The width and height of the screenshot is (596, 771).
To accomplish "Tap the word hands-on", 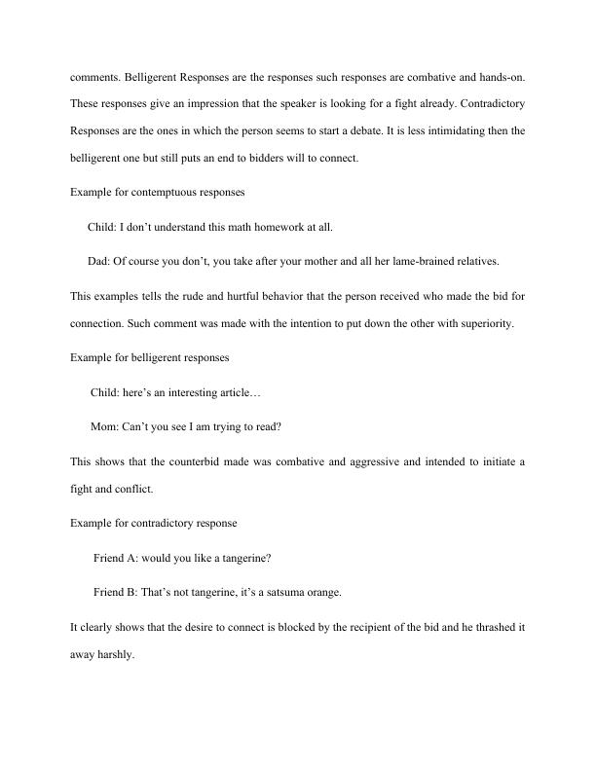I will (x=503, y=75).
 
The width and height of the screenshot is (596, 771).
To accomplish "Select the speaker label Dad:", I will (x=99, y=260).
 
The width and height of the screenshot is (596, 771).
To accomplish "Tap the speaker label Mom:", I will (x=105, y=425).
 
